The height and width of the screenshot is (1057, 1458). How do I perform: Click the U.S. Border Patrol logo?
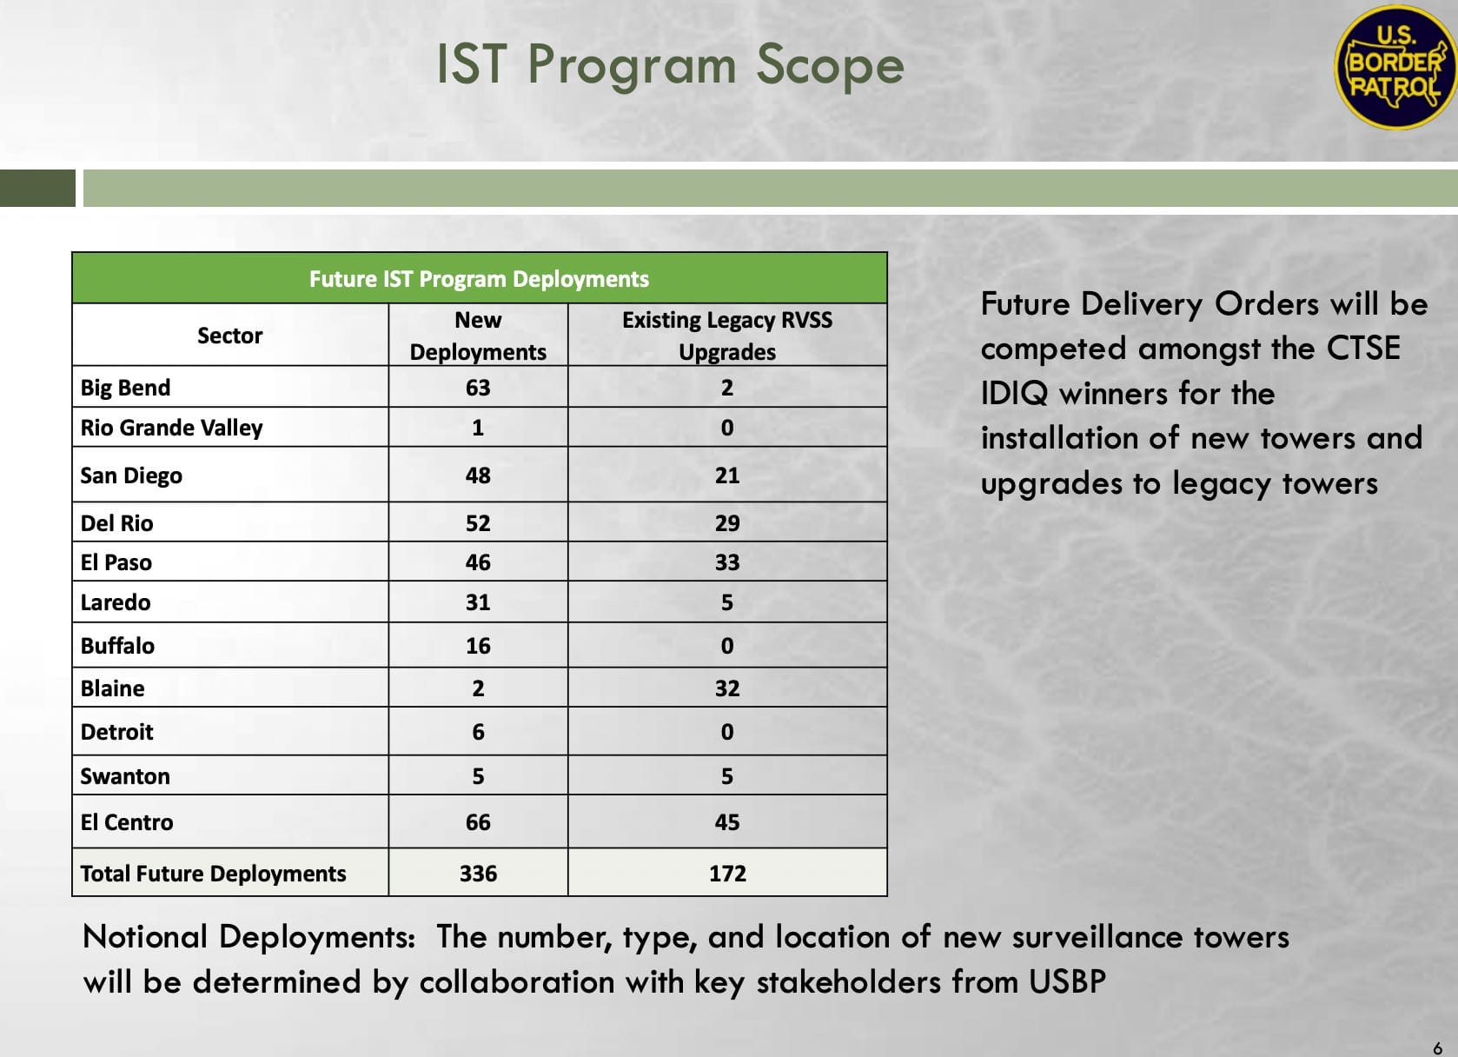tap(1395, 67)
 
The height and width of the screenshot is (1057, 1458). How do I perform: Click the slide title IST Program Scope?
tap(671, 65)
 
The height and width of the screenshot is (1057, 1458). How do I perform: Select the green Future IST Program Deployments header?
tap(479, 279)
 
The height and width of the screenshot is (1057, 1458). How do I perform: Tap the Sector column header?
tap(229, 336)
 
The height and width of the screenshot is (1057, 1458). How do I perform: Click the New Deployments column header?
tap(478, 336)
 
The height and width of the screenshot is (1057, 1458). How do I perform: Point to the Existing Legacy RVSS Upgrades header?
tap(727, 336)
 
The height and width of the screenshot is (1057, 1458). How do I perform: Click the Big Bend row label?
tap(126, 388)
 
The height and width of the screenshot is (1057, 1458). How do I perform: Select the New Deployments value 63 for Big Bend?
tap(478, 388)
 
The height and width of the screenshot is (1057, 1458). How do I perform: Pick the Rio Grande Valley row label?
tap(171, 428)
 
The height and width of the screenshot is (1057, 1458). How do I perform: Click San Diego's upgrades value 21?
tap(727, 475)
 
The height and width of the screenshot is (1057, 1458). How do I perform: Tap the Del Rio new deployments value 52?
tap(478, 523)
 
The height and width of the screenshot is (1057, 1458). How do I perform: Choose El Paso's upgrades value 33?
tap(727, 562)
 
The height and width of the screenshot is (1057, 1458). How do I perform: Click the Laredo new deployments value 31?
tap(478, 602)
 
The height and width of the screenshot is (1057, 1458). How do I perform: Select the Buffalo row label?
tap(117, 645)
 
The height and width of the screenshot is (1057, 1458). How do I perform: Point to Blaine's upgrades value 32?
tap(727, 688)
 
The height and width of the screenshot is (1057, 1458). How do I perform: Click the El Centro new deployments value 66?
tap(478, 822)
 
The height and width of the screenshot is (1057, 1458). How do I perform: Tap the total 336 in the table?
tap(478, 874)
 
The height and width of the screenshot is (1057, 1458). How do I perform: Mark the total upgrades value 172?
tap(727, 874)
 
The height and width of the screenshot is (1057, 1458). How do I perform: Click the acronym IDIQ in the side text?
tap(1014, 394)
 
